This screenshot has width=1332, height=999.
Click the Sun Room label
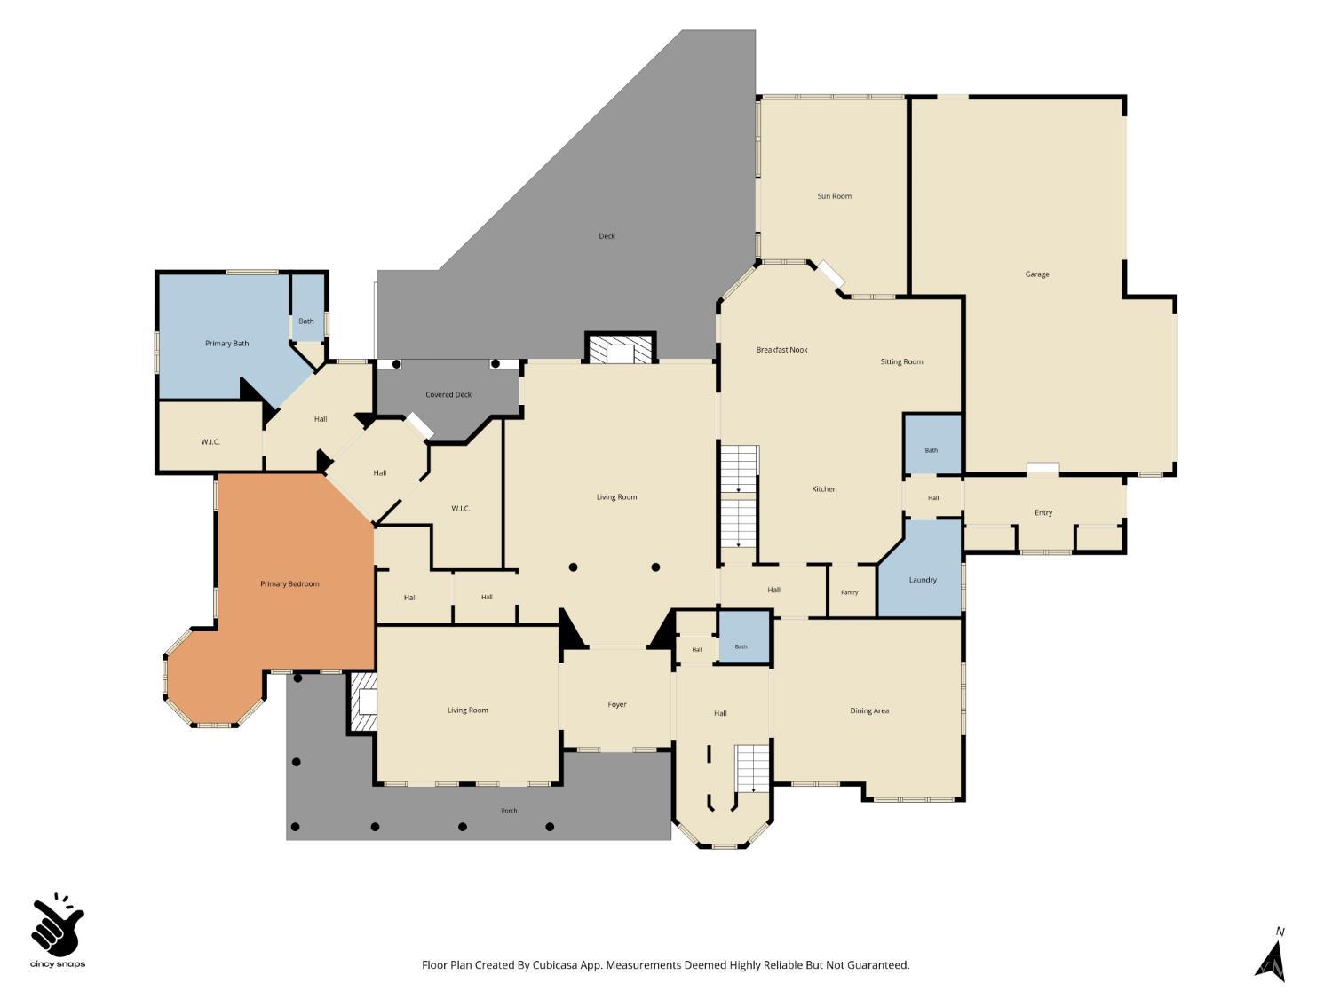tap(834, 196)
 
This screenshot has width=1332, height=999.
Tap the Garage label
tap(1036, 274)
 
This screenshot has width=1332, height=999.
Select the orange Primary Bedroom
tap(289, 583)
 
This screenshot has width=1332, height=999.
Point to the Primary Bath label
tap(226, 344)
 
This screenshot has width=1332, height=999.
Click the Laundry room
tap(923, 576)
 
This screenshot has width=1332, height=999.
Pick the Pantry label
tap(849, 592)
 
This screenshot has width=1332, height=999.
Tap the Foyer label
tap(616, 704)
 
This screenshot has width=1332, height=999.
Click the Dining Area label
tap(869, 710)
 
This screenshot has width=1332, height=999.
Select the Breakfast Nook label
tap(781, 350)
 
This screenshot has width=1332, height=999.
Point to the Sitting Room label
tap(901, 361)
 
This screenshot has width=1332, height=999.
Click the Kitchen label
tap(824, 489)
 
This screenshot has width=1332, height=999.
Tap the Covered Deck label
tap(448, 395)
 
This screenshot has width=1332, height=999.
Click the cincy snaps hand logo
tap(58, 924)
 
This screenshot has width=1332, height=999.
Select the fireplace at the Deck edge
tap(620, 348)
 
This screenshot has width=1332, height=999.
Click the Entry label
tap(1043, 512)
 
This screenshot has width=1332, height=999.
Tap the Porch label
tap(509, 811)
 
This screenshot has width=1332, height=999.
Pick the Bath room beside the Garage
tap(932, 444)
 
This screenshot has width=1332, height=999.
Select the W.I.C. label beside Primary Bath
tap(210, 442)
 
